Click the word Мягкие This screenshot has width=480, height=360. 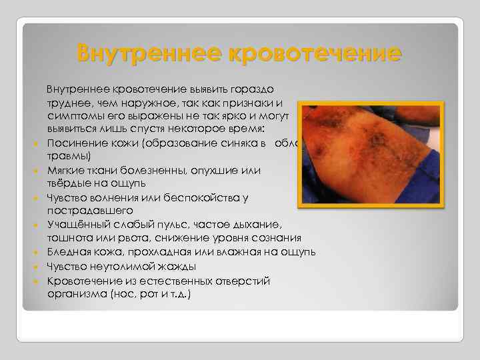tap(65, 171)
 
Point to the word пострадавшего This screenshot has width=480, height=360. tap(82, 210)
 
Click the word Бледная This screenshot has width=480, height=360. tap(67, 252)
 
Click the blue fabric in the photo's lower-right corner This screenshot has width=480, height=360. tap(427, 190)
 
